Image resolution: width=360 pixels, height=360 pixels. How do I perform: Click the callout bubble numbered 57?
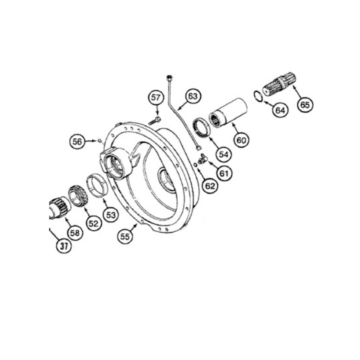156,98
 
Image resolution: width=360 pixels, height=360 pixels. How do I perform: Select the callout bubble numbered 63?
193,96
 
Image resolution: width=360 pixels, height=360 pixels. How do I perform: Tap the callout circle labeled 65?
305,105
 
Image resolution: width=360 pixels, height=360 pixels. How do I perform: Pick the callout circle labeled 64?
280,110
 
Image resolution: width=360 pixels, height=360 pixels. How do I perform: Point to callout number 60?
241,140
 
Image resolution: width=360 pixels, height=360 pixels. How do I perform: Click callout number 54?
224,154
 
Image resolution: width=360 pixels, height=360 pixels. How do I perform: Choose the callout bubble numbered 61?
224,173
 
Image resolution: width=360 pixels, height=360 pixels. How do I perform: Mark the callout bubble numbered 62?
210,186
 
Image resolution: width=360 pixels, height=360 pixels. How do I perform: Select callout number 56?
77,141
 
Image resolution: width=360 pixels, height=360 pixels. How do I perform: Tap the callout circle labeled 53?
111,215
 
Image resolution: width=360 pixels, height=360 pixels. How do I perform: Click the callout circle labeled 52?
94,223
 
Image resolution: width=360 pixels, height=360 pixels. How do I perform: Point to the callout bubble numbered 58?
75,233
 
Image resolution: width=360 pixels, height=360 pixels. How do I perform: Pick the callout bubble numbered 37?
64,246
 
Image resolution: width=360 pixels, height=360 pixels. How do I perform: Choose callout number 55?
125,236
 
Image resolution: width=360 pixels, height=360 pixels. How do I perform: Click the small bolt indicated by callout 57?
155,121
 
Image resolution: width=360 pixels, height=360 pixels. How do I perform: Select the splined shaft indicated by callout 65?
279,84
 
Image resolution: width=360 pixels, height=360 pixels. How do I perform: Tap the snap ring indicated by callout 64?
258,96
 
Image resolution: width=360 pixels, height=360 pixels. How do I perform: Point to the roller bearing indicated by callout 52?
79,195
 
